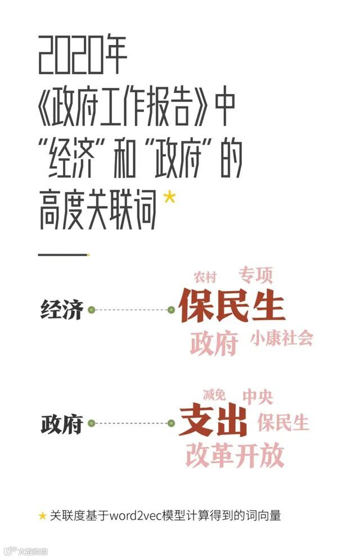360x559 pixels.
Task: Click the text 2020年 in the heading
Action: tap(83, 56)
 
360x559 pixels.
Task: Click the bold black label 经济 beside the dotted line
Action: tap(61, 310)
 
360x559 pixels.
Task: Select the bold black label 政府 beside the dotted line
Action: tap(61, 424)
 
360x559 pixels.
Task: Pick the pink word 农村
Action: tap(205, 277)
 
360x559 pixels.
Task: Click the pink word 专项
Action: tap(255, 275)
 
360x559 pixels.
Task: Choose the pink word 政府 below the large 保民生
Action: tap(214, 343)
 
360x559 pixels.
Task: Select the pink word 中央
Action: tap(258, 397)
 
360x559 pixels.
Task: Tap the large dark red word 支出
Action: tap(213, 423)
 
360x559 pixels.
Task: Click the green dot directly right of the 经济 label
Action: tap(91, 310)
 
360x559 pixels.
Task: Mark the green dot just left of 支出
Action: tap(172, 423)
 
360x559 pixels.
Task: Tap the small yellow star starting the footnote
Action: tap(42, 516)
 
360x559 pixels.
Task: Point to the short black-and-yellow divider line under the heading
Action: tap(62, 254)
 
